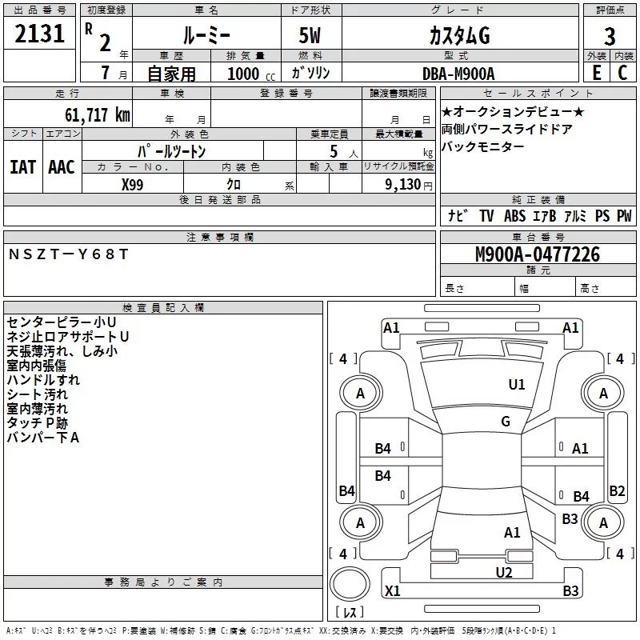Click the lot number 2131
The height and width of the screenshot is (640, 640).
(x=40, y=36)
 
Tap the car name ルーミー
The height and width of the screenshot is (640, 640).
(x=206, y=36)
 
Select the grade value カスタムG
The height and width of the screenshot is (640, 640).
(x=458, y=36)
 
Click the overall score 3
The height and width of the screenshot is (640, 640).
(x=610, y=36)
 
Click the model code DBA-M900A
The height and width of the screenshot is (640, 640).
(x=458, y=74)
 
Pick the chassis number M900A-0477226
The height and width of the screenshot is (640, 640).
(x=537, y=254)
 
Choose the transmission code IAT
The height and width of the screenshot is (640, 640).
(x=22, y=166)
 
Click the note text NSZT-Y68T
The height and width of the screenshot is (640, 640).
(x=68, y=254)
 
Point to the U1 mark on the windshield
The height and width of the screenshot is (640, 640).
(x=517, y=385)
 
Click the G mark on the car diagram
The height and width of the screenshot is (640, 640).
(x=506, y=422)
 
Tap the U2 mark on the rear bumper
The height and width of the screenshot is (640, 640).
(x=503, y=571)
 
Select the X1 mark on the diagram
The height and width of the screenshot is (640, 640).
(x=392, y=591)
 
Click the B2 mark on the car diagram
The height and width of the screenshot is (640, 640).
(x=617, y=491)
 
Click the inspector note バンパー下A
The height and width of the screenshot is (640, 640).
(x=43, y=437)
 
